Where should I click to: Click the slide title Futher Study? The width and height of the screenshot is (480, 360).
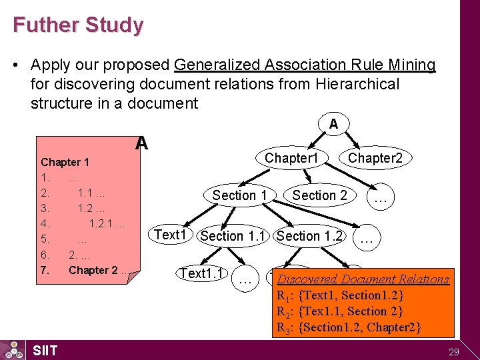[x=77, y=25]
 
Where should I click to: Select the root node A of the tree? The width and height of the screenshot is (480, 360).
[x=333, y=123]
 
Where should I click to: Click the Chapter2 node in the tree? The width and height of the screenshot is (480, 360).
[x=375, y=158]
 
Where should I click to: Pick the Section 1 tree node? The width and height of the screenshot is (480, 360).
[x=239, y=195]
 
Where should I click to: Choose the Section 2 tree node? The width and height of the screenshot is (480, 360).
[x=319, y=195]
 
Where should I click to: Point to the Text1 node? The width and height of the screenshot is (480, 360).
[x=171, y=235]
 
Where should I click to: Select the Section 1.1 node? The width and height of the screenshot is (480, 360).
[x=233, y=236]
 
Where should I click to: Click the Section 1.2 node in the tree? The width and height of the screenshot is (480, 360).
[x=310, y=236]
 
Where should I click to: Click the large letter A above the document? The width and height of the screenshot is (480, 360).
[x=141, y=143]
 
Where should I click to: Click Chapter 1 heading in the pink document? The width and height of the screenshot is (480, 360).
[x=65, y=162]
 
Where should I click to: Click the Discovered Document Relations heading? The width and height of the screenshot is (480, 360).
[x=363, y=279]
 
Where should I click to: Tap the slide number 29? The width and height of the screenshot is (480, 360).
[x=455, y=351]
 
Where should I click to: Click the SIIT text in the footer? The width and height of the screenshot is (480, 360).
[x=45, y=351]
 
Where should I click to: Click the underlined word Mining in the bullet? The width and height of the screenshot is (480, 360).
[x=414, y=65]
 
